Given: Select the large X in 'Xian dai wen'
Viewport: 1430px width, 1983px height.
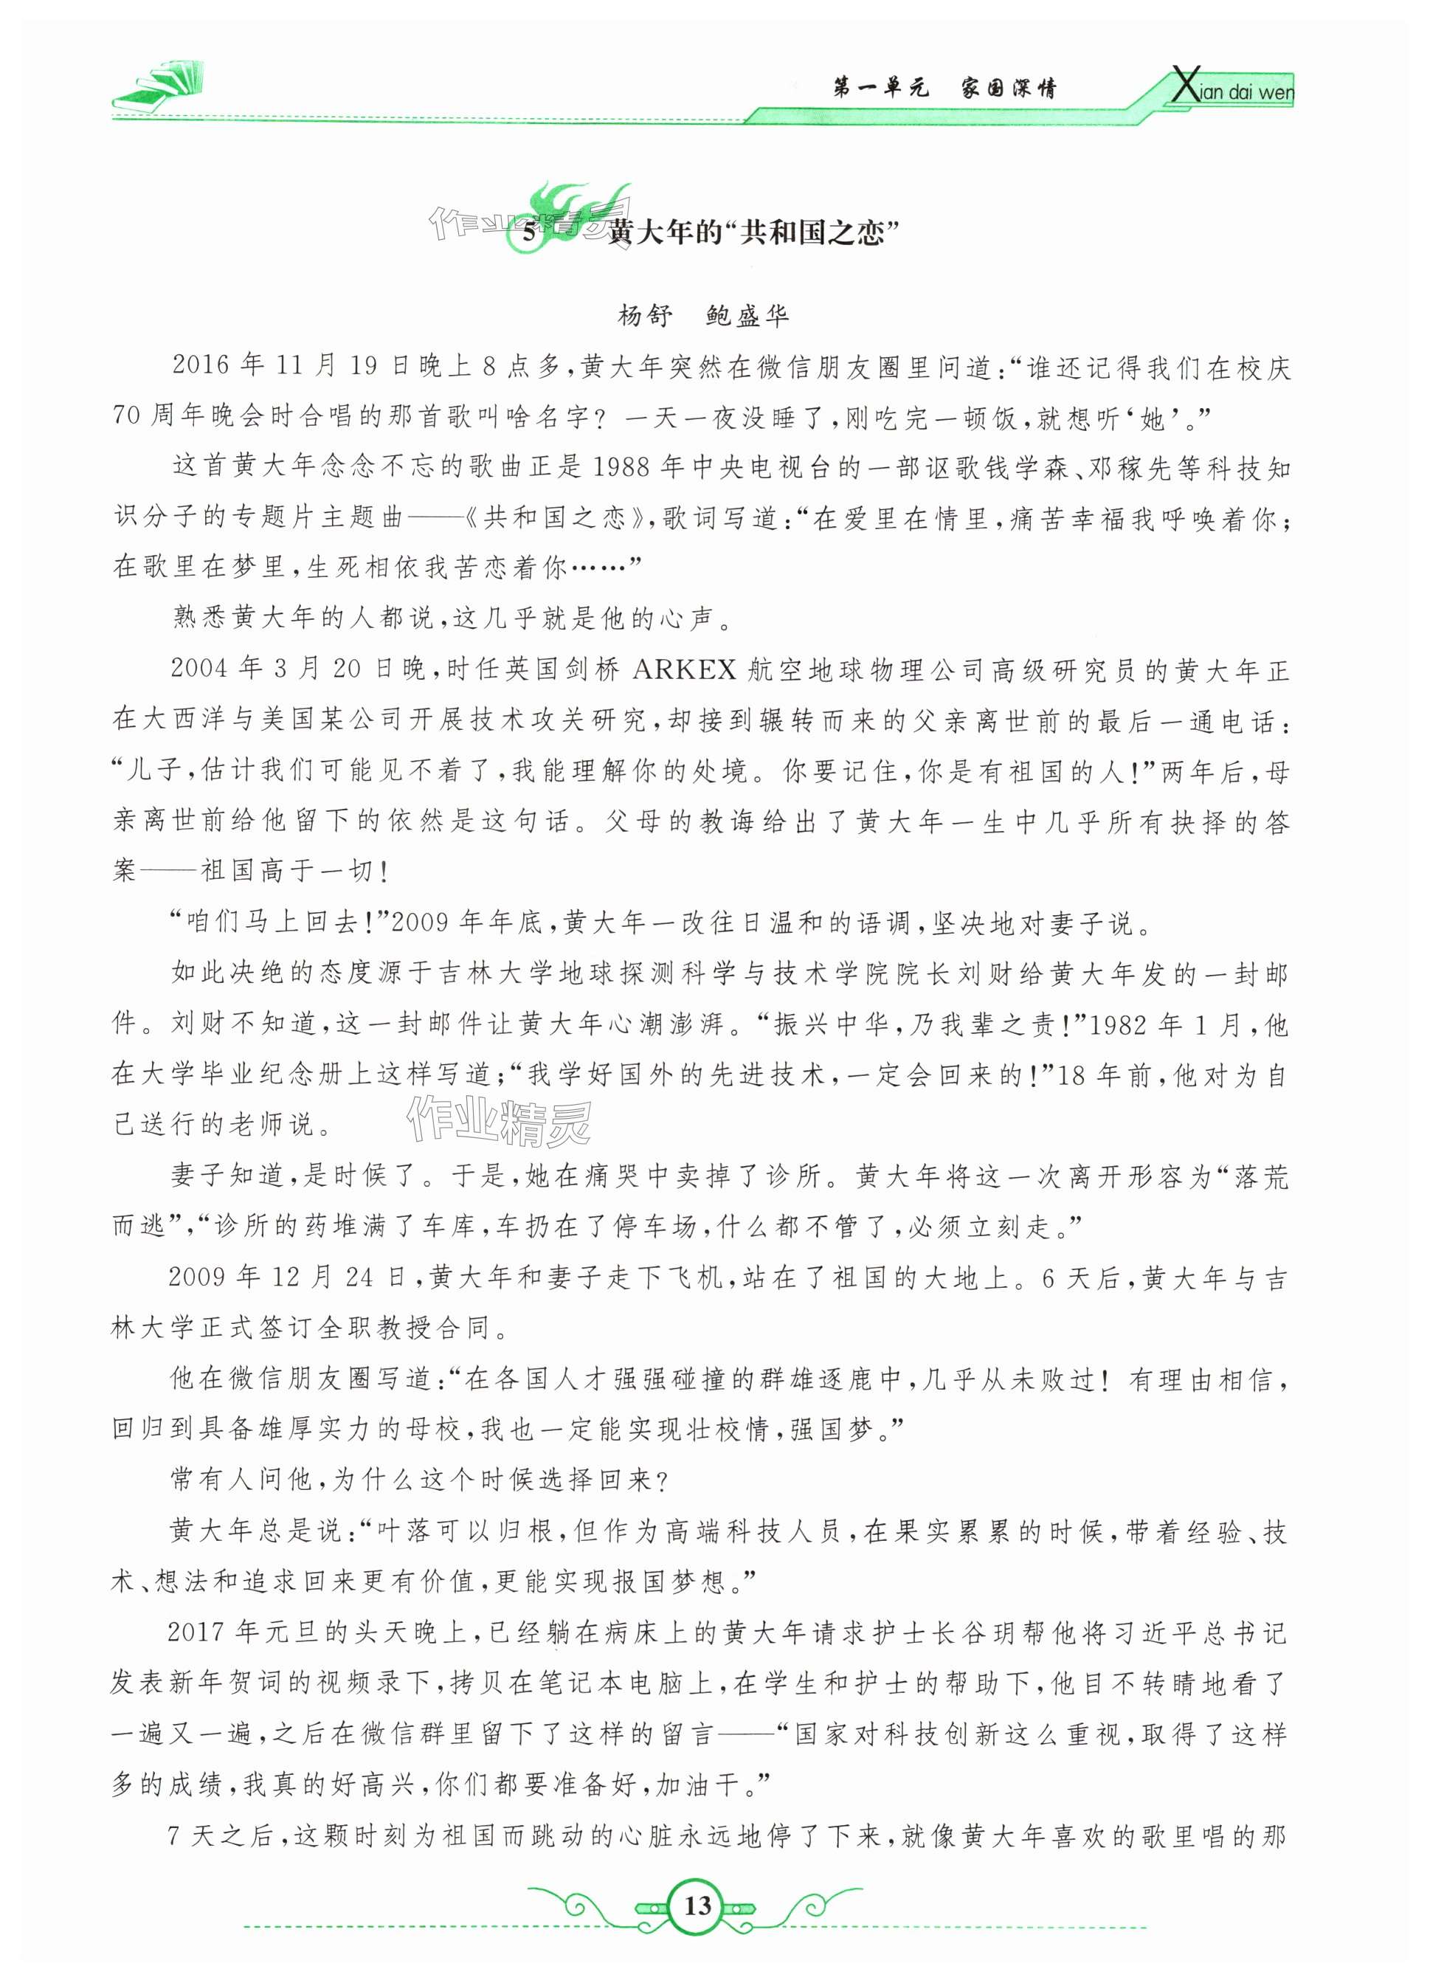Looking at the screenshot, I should [x=1184, y=87].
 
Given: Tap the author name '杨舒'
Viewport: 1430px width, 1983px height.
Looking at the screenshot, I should [x=645, y=315].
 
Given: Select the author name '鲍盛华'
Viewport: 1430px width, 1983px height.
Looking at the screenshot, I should [x=747, y=315].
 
